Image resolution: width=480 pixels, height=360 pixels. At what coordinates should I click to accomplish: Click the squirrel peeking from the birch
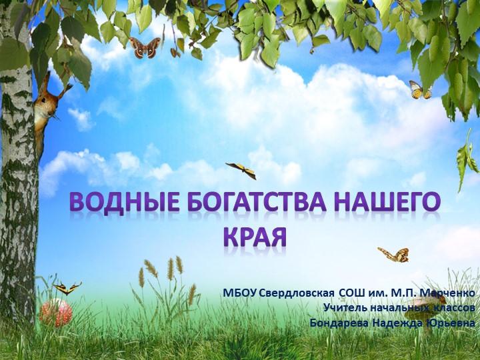tap(45, 110)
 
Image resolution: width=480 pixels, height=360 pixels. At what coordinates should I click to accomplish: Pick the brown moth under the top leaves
tap(145, 47)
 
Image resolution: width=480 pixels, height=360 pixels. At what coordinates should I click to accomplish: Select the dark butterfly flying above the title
tap(241, 170)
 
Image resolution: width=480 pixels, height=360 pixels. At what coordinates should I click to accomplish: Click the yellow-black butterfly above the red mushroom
tap(67, 287)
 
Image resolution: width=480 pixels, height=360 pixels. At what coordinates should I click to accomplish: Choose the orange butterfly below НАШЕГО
tap(393, 253)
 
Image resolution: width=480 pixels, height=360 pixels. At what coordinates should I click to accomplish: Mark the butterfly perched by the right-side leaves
tap(420, 89)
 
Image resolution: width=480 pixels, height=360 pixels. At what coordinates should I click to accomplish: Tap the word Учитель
tap(343, 308)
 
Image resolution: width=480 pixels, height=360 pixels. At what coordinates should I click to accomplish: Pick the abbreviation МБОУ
tap(239, 293)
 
